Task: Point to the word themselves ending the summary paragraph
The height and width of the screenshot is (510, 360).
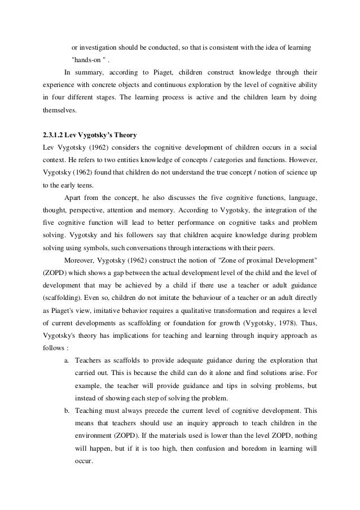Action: pos(55,112)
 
